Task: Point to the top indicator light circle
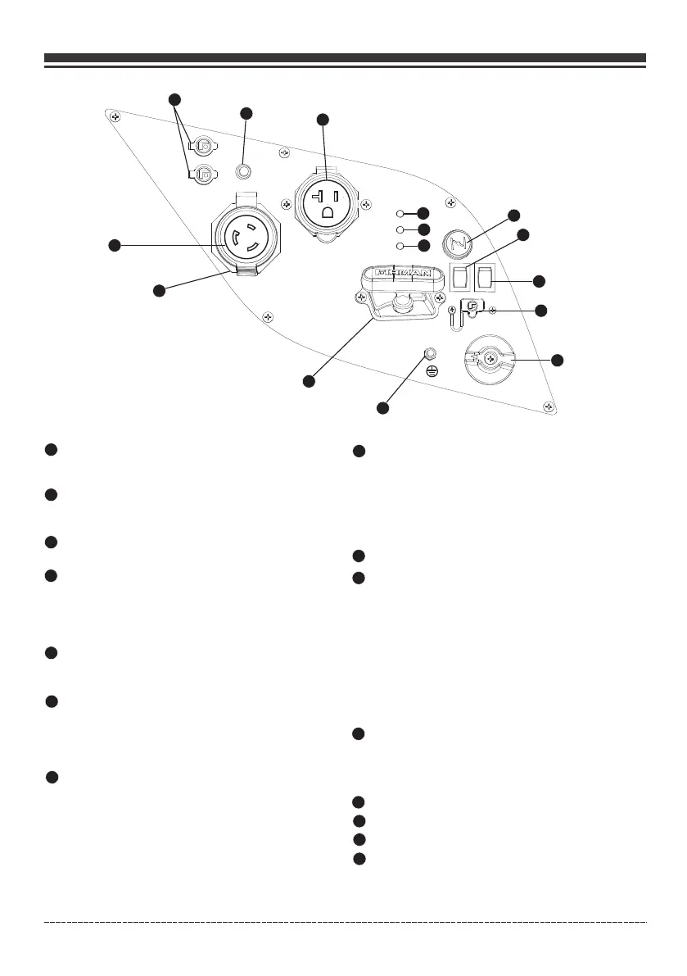400,214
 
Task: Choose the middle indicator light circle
400,229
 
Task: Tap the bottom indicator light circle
400,246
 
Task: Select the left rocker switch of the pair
460,278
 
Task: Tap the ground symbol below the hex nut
432,371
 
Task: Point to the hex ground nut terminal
427,354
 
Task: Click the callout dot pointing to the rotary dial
558,360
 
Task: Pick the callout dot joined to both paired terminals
174,99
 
